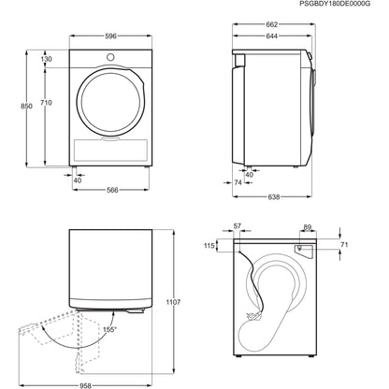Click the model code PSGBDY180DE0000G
pyautogui.click(x=334, y=7)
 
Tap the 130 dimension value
pyautogui.click(x=46, y=59)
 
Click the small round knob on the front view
pyautogui.click(x=110, y=58)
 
